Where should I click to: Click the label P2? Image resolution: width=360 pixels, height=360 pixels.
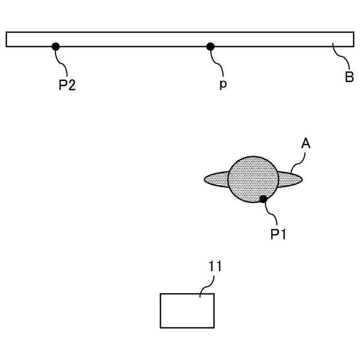coord(67,86)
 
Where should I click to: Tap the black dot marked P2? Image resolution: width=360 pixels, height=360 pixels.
coord(56,47)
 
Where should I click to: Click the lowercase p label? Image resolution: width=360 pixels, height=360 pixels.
coord(223,87)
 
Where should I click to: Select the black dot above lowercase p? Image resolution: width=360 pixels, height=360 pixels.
coord(210,47)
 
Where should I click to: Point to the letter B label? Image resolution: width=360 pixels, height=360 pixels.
coord(349,77)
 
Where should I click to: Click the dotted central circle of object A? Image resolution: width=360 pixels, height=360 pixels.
coord(252,177)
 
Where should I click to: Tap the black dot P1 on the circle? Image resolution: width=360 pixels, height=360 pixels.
coord(263,199)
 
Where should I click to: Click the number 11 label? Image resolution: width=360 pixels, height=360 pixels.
coord(215,266)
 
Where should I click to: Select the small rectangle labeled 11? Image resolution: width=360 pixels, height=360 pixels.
coord(187,310)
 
